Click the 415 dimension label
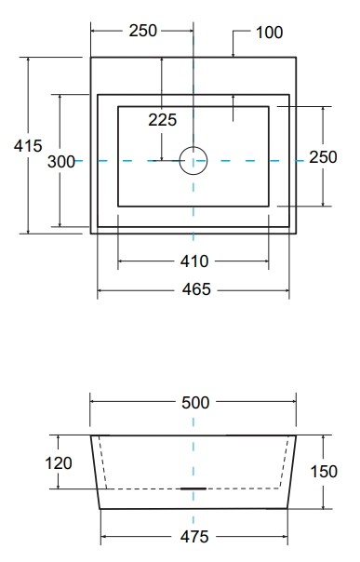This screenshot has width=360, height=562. click(28, 146)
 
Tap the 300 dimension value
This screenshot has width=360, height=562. click(61, 162)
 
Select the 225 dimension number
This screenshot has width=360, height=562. click(163, 120)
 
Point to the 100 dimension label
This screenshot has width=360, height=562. click(270, 33)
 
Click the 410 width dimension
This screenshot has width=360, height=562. click(194, 261)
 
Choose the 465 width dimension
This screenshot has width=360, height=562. click(196, 289)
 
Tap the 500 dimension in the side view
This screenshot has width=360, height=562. click(195, 403)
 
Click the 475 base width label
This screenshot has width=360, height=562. click(194, 537)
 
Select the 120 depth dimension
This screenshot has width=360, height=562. click(59, 462)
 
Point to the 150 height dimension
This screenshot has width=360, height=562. click(324, 472)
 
